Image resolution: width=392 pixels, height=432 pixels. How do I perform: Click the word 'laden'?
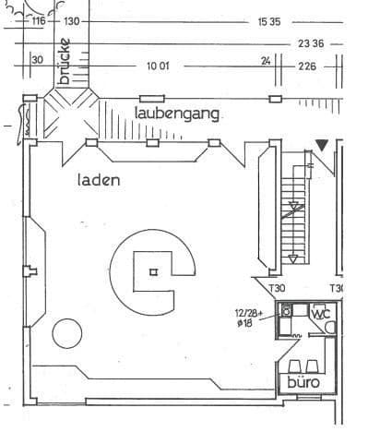pyautogui.click(x=99, y=181)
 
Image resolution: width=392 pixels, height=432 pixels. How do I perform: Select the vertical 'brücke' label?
pyautogui.click(x=64, y=62)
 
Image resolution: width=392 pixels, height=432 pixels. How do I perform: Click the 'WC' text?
pyautogui.click(x=320, y=314)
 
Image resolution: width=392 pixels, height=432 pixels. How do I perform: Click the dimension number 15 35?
pyautogui.click(x=269, y=20)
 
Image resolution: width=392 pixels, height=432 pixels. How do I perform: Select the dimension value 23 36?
pyautogui.click(x=310, y=42)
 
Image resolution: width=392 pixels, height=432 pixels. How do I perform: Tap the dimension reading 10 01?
pyautogui.click(x=158, y=66)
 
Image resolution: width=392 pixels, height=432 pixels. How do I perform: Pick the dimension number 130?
pyautogui.click(x=73, y=20)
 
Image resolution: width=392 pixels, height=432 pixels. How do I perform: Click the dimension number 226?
pyautogui.click(x=306, y=66)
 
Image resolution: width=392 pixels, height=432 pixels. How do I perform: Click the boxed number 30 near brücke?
pyautogui.click(x=37, y=60)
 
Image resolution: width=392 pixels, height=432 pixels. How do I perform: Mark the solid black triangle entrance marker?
pyautogui.click(x=321, y=145)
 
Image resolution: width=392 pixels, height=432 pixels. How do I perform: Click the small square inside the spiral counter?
pyautogui.click(x=153, y=271)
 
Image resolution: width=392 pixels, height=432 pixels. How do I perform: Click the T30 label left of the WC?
pyautogui.click(x=277, y=288)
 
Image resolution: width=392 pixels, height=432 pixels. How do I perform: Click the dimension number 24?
pyautogui.click(x=266, y=61)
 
